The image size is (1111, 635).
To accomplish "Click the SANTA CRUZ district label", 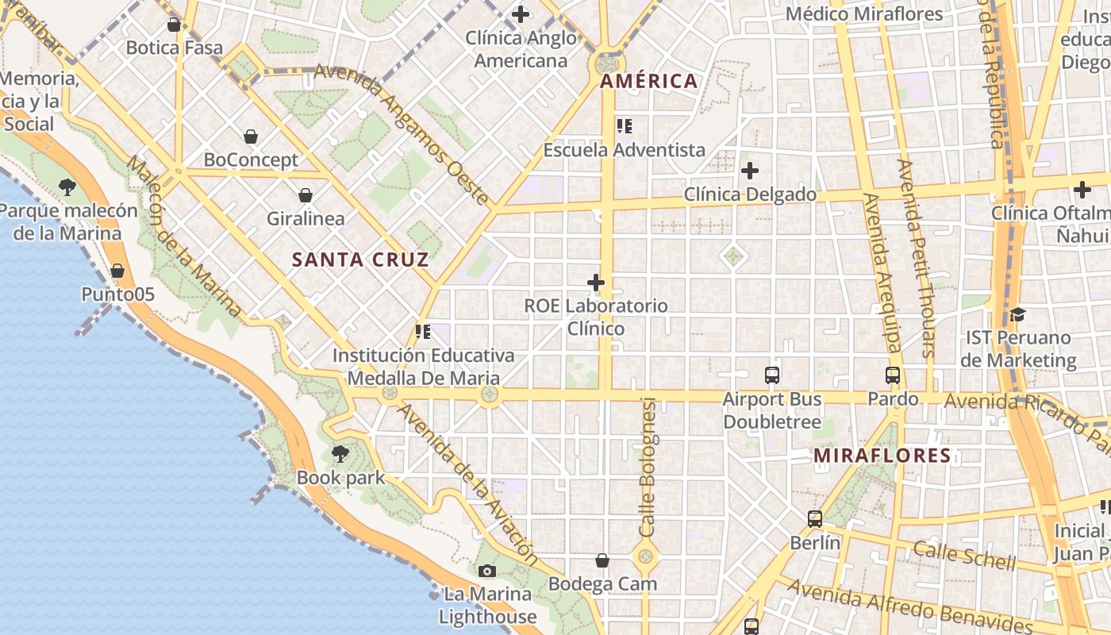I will pos(360,260).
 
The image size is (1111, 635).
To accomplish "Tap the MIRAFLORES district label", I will pos(882,456).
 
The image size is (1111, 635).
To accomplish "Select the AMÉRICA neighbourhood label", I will pos(649,81).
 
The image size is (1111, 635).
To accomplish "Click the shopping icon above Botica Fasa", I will pos(174,25).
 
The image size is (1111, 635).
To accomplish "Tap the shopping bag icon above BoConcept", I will pos(251,137).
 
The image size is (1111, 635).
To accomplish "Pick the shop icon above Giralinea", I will pos(306,195).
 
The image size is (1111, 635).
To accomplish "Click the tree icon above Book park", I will pos(340,454).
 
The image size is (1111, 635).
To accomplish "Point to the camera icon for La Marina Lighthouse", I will pos(487,571).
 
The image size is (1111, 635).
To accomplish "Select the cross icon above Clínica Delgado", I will pos(750,171).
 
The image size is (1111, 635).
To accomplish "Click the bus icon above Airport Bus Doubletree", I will pos(772,375).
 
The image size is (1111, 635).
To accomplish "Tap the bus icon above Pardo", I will pos(893,375).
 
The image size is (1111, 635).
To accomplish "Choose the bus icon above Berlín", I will pos(815,519).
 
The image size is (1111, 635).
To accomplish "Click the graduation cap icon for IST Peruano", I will pos(1018,314).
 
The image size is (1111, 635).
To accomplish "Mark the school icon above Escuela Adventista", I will pos(625,125).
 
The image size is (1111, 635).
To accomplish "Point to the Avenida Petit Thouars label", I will pos(916,258).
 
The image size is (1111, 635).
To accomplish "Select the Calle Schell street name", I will pos(963,555).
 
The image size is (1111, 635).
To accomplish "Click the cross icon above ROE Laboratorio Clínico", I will pos(596,282).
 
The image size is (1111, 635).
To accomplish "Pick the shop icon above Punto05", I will pos(117,271).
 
